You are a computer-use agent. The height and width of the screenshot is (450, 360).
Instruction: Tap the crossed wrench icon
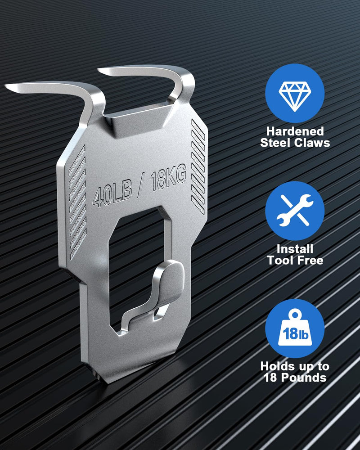pyautogui.click(x=295, y=210)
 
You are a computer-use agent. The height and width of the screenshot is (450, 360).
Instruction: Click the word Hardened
pyautogui.click(x=295, y=131)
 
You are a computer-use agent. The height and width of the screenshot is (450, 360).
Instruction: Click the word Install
pyautogui.click(x=295, y=249)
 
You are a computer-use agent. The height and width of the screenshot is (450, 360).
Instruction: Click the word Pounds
pyautogui.click(x=304, y=378)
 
